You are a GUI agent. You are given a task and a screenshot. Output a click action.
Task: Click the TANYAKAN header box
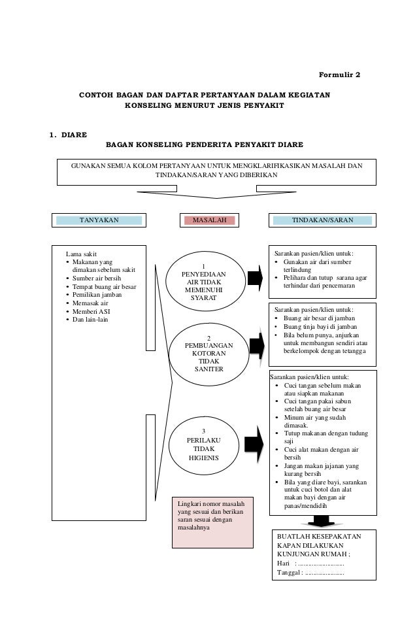coord(99,221)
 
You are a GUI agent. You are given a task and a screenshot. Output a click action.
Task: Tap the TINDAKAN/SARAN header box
coord(322,221)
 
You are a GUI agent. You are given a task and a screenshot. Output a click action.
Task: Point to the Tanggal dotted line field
coord(325,573)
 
